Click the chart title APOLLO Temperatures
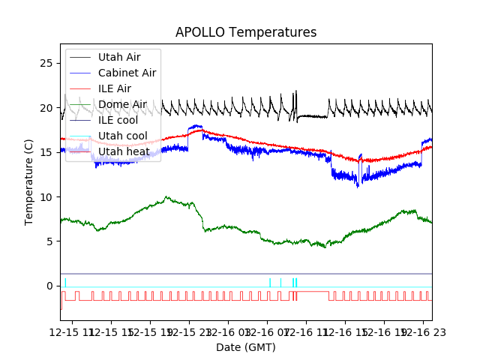click(246, 32)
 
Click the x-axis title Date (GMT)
click(246, 347)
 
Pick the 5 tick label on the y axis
click(50, 241)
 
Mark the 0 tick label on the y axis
click(50, 286)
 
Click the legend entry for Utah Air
click(118, 57)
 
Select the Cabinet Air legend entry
click(127, 73)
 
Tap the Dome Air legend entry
click(122, 104)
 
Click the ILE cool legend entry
click(118, 120)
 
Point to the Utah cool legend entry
click(122, 136)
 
